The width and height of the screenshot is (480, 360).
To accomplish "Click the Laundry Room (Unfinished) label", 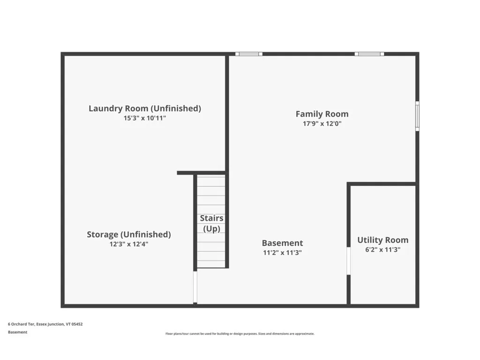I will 145,108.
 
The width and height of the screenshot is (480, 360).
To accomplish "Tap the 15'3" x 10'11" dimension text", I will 145,119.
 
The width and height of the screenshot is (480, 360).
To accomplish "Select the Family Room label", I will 322,114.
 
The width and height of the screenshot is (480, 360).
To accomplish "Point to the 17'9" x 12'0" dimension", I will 322,124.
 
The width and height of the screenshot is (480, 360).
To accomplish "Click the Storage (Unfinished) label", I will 129,234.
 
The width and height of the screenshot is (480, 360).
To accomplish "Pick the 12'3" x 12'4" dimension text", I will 129,244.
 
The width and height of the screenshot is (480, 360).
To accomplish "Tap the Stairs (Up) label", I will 211,224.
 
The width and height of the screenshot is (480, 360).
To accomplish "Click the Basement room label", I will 282,243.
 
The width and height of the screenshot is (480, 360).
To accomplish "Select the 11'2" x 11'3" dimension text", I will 282,253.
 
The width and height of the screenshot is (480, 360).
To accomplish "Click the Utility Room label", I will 382,240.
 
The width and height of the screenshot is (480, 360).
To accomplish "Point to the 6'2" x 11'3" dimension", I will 382,250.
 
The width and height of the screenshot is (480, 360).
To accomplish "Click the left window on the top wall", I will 248,54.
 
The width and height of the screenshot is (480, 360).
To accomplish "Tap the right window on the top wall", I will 369,54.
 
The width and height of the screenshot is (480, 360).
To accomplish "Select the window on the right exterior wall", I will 417,116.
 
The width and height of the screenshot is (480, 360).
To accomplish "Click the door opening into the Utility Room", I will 348,261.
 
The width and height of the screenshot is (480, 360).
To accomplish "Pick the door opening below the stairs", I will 195,286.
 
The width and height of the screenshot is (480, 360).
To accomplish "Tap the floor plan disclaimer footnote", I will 240,334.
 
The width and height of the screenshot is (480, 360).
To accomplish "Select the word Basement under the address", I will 17,332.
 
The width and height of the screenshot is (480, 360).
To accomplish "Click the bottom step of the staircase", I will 211,264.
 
